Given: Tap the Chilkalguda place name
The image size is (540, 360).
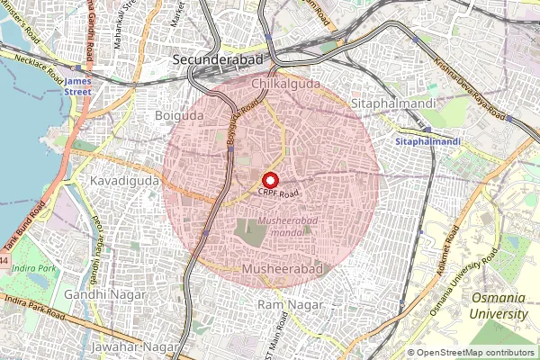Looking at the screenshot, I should (286, 83).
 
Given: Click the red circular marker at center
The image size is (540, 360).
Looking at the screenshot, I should (270, 180).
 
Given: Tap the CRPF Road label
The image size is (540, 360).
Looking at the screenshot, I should (277, 193).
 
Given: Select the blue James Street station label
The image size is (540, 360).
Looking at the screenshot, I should (79, 86).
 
